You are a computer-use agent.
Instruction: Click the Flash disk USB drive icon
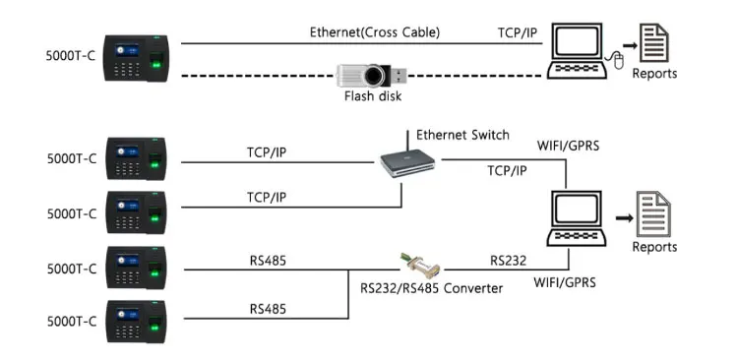coord(370,76)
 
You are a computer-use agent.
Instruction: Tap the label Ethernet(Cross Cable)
coord(375,32)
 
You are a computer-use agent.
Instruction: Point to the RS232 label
coord(510,262)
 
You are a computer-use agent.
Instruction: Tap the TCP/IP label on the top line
coord(518,32)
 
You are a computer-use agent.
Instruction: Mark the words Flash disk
coord(373,97)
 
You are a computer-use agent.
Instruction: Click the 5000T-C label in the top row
coord(70,54)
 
